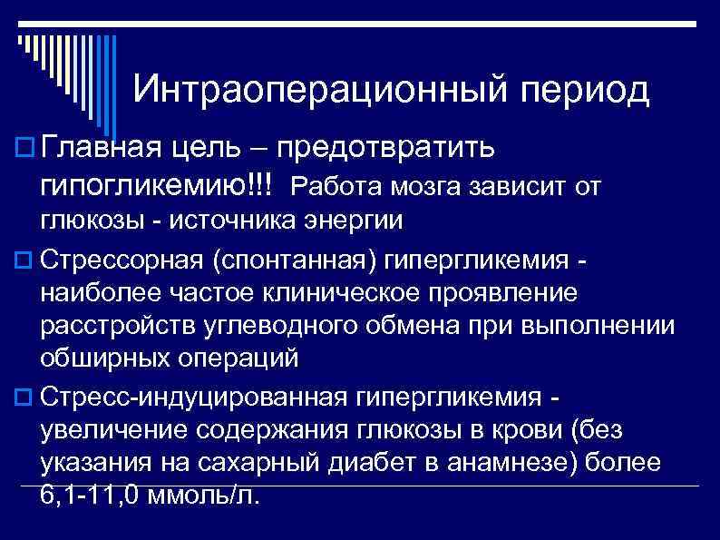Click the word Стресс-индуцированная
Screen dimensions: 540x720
point(192,397)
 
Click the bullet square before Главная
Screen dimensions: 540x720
point(24,147)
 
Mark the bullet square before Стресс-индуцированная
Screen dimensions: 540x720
point(24,397)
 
